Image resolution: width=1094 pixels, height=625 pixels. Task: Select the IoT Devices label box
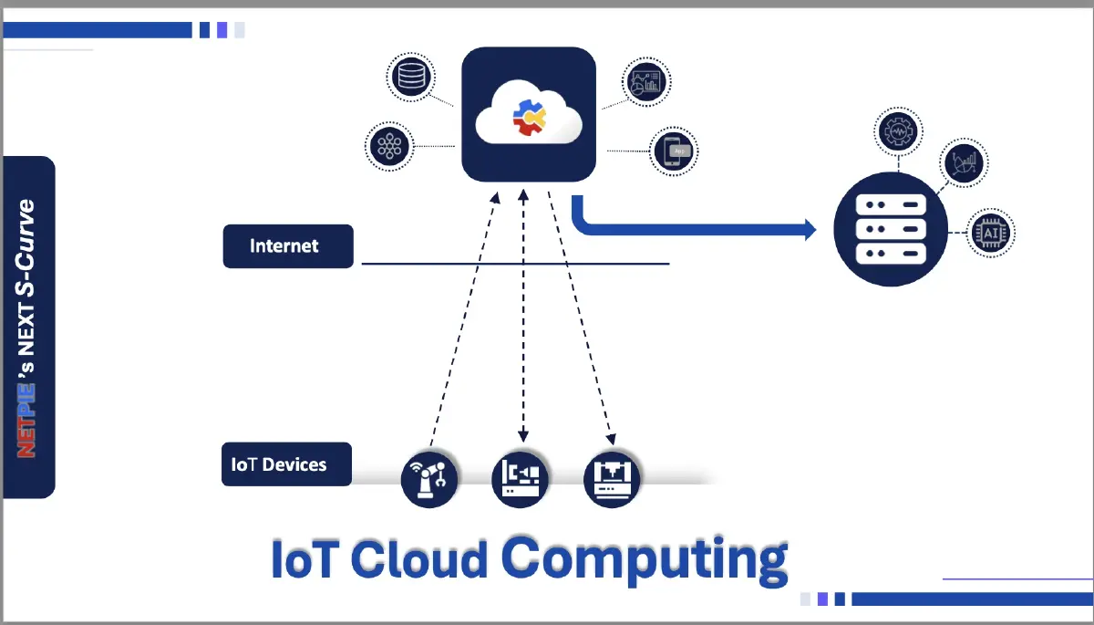click(x=286, y=464)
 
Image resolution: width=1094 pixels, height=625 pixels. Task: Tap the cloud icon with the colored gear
click(x=529, y=115)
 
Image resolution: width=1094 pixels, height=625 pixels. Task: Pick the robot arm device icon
click(x=429, y=478)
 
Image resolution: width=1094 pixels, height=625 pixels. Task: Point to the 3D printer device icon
click(x=612, y=478)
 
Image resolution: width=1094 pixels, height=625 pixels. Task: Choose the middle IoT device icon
click(x=521, y=478)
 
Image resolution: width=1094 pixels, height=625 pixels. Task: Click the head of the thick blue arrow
click(x=810, y=229)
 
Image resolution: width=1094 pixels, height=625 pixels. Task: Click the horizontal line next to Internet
click(x=515, y=265)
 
